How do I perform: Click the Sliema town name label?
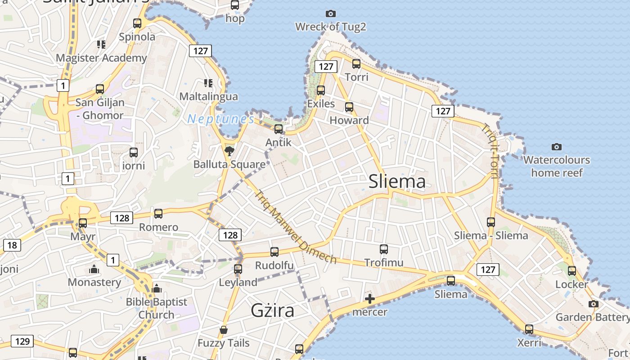(397, 181)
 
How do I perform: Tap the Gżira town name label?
(273, 310)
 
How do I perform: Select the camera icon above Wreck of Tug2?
(331, 14)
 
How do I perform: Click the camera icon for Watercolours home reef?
(557, 147)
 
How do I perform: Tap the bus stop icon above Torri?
(356, 64)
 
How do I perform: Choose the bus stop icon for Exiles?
(321, 90)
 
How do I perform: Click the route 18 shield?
(12, 245)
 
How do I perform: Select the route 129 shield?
(22, 341)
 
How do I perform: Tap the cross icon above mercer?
(370, 298)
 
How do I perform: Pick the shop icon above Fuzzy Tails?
(224, 330)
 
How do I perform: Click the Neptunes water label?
(221, 119)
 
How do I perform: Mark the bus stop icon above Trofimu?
(384, 249)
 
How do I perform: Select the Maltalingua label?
(208, 97)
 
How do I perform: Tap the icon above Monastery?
(94, 269)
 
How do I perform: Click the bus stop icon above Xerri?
(529, 329)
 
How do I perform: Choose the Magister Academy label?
(101, 58)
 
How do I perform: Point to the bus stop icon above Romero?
(158, 214)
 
